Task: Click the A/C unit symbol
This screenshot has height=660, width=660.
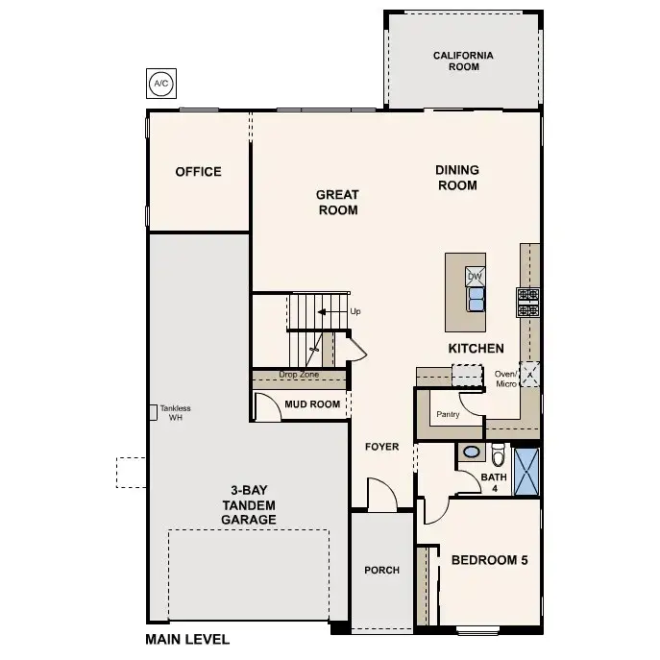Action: [x=160, y=84]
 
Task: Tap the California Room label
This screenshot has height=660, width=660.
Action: [x=463, y=61]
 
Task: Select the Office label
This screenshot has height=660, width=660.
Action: [x=198, y=172]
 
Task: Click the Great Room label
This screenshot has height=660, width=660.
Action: [x=337, y=202]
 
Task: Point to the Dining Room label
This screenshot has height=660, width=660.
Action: [x=457, y=178]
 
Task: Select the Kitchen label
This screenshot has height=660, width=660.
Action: [x=476, y=348]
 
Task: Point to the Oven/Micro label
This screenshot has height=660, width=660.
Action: [x=505, y=379]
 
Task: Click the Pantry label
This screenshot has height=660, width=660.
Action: [x=448, y=415]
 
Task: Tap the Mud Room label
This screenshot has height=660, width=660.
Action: [x=312, y=404]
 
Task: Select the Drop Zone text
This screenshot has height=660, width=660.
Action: [x=299, y=375]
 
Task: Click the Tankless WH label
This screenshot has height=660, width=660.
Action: [x=175, y=412]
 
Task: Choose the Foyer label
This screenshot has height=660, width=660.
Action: [x=381, y=447]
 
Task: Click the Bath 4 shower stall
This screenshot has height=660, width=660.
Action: [x=526, y=471]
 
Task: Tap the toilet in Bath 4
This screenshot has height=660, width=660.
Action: [x=498, y=453]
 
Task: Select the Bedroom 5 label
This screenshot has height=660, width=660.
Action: [x=489, y=559]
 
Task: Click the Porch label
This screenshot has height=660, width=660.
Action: [x=381, y=570]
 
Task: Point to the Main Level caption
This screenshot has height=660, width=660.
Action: [x=187, y=639]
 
